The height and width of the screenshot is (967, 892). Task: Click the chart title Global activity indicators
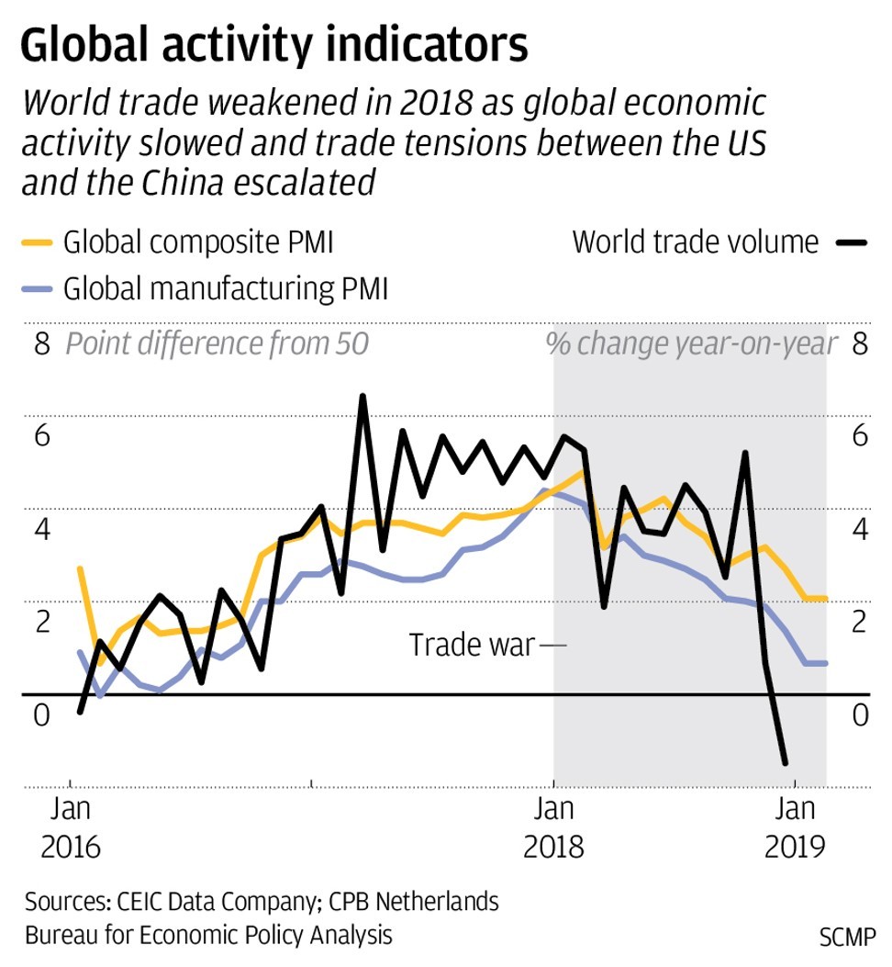pos(273,45)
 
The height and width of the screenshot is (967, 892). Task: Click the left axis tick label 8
pos(40,344)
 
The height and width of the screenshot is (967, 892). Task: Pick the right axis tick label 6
pos(860,436)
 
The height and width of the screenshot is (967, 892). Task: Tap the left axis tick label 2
pos(40,622)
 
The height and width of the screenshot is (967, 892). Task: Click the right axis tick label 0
pos(860,714)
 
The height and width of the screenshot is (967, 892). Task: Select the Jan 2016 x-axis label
pos(71,827)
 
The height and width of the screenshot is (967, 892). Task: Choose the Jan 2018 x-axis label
pos(553,827)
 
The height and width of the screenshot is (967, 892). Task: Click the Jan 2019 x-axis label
pos(795,827)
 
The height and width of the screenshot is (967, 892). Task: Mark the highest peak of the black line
pos(362,397)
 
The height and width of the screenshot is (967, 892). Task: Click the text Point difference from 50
pos(217,344)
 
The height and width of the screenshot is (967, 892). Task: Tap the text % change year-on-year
pos(692,344)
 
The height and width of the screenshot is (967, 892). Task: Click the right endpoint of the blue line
pos(826,663)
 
